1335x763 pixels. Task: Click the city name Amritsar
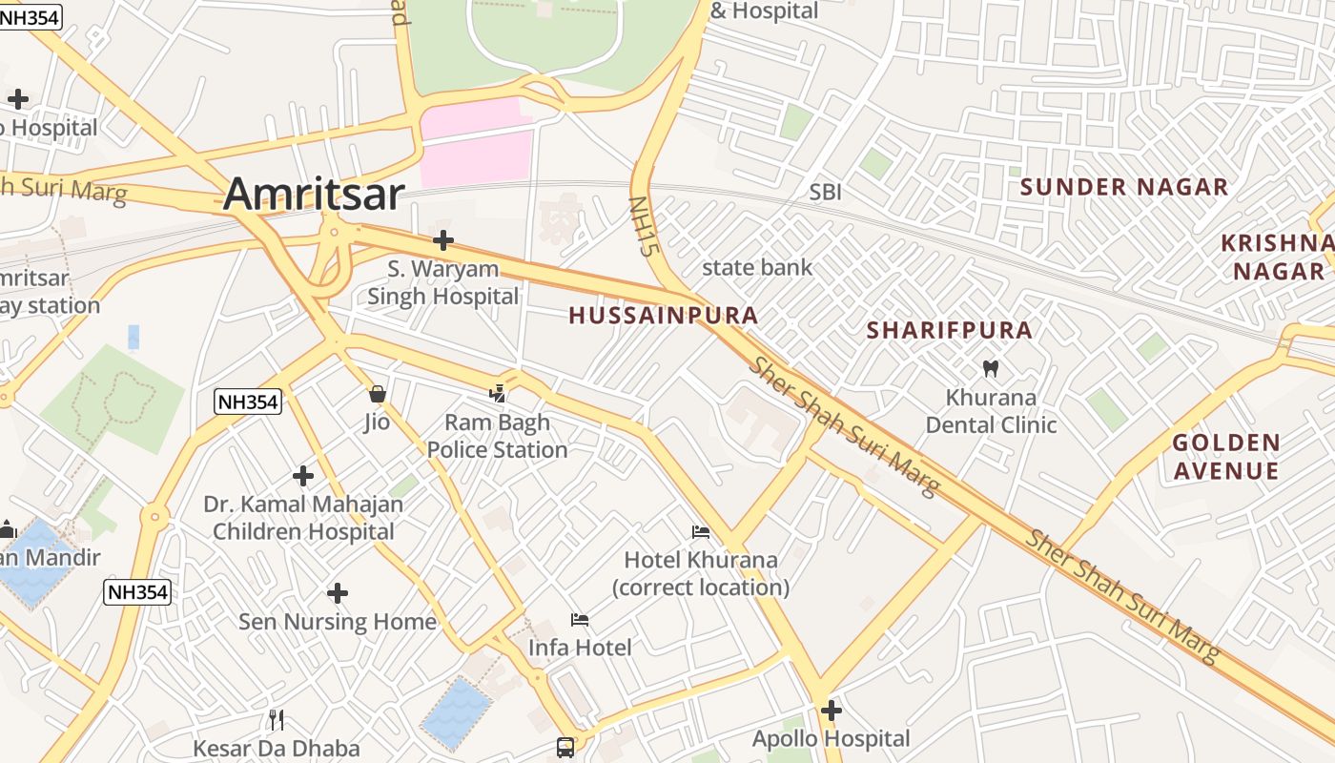point(314,194)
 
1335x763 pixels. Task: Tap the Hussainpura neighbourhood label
point(664,316)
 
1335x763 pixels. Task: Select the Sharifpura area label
point(949,331)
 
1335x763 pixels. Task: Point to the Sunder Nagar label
point(1124,187)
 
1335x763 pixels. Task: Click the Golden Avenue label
point(1225,457)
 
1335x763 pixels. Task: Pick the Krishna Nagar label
point(1278,257)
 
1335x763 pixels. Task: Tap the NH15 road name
point(645,227)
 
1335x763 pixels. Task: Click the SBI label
point(825,193)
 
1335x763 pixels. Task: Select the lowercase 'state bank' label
point(757,268)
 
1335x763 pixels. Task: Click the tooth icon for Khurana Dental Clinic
point(991,368)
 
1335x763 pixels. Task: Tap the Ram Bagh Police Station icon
point(497,393)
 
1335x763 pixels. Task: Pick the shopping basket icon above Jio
point(378,393)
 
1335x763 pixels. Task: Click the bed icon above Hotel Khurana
point(701,531)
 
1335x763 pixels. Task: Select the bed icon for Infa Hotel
point(580,620)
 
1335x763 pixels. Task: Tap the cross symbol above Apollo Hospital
point(832,711)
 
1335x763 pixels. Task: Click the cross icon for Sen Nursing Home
point(337,593)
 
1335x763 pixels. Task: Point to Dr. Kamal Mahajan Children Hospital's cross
point(303,475)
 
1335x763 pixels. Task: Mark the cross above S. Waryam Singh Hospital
point(443,240)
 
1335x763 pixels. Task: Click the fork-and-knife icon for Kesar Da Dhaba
point(277,719)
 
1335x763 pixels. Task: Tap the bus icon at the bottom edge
point(565,747)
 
